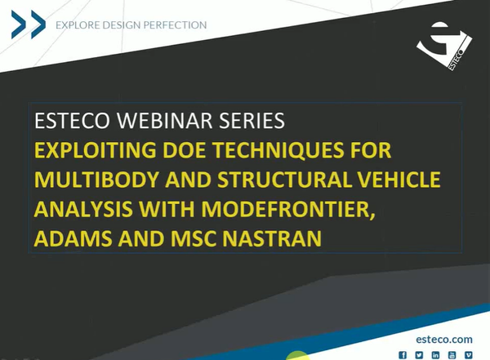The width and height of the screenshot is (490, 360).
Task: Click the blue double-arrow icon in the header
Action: click(x=28, y=24)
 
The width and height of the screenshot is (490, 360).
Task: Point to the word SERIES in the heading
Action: click(x=247, y=122)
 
